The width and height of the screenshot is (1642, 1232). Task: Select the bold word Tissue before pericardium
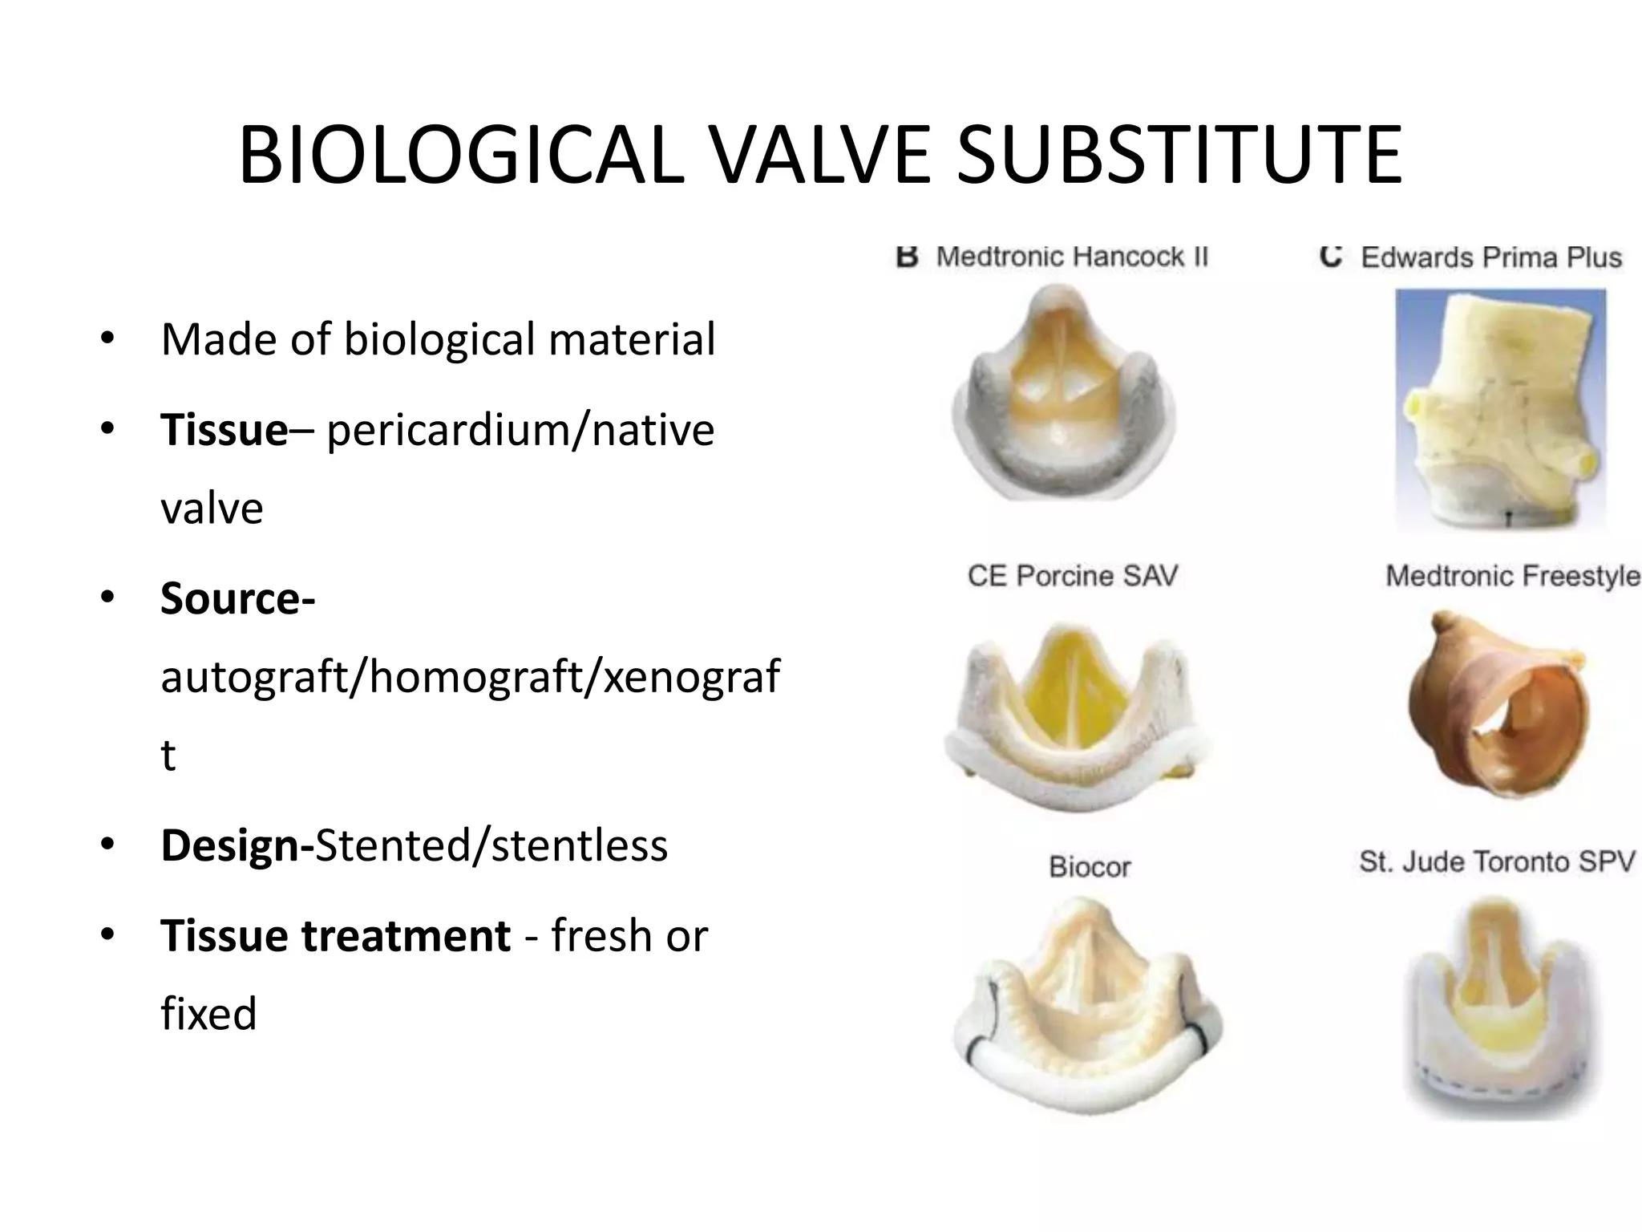tap(224, 430)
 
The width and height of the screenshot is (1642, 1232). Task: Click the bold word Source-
tap(237, 598)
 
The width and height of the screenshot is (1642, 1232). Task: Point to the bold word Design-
tap(237, 845)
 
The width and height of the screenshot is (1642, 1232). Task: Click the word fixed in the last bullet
tap(208, 1013)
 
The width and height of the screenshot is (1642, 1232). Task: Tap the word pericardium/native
tap(520, 430)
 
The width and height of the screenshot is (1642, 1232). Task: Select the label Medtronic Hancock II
tap(1071, 257)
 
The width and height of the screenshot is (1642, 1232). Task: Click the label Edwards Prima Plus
tap(1490, 257)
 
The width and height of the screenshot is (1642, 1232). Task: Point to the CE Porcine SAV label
tap(1072, 576)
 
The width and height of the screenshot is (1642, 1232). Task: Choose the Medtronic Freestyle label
tap(1512, 576)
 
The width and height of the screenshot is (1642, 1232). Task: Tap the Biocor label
tap(1090, 867)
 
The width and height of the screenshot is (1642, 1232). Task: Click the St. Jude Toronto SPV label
tap(1497, 861)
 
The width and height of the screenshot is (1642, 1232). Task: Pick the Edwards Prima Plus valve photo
tap(1499, 409)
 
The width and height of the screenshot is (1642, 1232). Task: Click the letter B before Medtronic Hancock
tap(907, 257)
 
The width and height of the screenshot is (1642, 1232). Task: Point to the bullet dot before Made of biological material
tap(107, 339)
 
